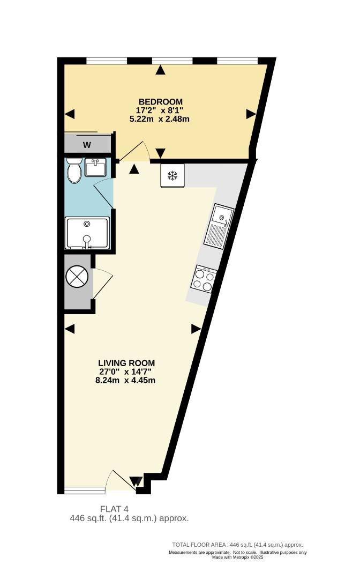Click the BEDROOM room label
pos(161,101)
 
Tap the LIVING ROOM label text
pos(126,363)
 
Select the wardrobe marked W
pos(87,143)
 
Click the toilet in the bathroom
pos(74,170)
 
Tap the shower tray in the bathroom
pos(87,233)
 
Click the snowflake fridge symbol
pos(172,175)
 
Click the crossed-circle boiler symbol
pos(77,276)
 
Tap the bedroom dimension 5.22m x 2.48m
pos(160,119)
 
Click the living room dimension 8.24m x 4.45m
pos(125,380)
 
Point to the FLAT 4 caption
pos(114,510)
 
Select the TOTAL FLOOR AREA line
pos(237,545)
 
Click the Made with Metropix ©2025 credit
pos(237,557)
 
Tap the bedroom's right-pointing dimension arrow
pos(251,114)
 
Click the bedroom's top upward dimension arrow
pos(160,70)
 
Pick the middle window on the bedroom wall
pos(172,61)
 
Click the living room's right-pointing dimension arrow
pos(196,329)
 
